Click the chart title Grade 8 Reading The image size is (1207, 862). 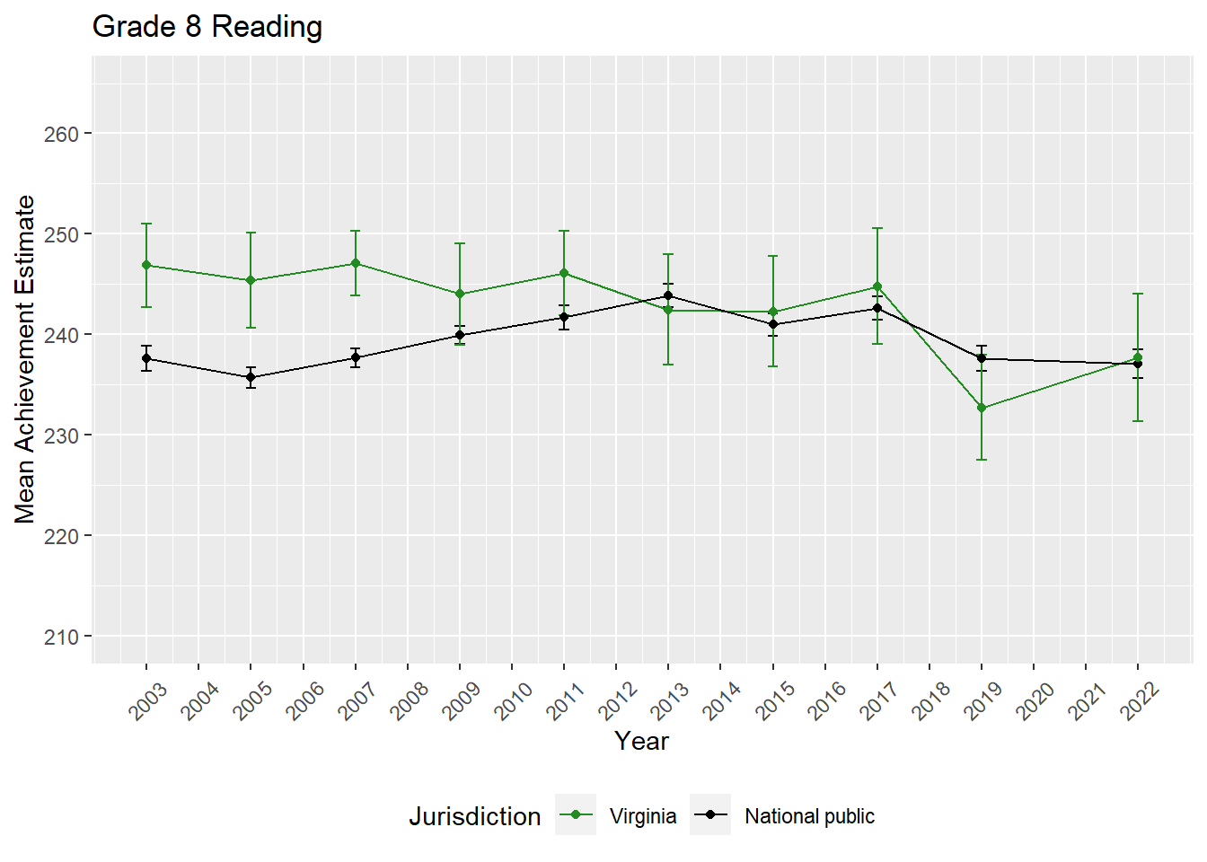207,27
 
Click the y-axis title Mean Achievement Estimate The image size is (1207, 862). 25,359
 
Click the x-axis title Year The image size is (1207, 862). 641,741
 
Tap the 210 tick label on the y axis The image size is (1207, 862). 61,637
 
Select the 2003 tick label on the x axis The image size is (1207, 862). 148,701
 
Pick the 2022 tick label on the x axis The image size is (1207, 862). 1140,701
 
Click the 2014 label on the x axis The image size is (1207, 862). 722,701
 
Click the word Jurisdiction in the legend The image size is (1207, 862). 474,816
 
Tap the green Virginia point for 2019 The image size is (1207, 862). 982,408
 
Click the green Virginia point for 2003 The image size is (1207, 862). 146,265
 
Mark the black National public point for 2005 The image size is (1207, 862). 251,377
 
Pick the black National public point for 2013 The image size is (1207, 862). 668,295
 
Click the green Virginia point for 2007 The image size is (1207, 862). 356,263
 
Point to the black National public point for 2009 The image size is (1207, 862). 460,335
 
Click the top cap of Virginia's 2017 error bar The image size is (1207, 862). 877,228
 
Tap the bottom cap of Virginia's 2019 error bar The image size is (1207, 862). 982,460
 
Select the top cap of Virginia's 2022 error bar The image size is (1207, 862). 1138,294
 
